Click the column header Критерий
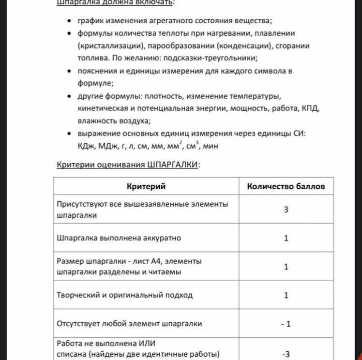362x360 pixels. click(x=146, y=186)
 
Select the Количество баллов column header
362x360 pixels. click(x=286, y=186)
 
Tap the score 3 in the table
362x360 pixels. click(x=286, y=210)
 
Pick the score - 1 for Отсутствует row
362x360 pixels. click(x=286, y=323)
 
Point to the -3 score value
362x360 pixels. click(x=286, y=354)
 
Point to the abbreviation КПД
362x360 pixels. click(x=310, y=108)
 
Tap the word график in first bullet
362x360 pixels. click(x=90, y=20)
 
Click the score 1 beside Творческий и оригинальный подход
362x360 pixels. click(x=286, y=295)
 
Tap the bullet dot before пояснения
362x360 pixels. click(x=69, y=71)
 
